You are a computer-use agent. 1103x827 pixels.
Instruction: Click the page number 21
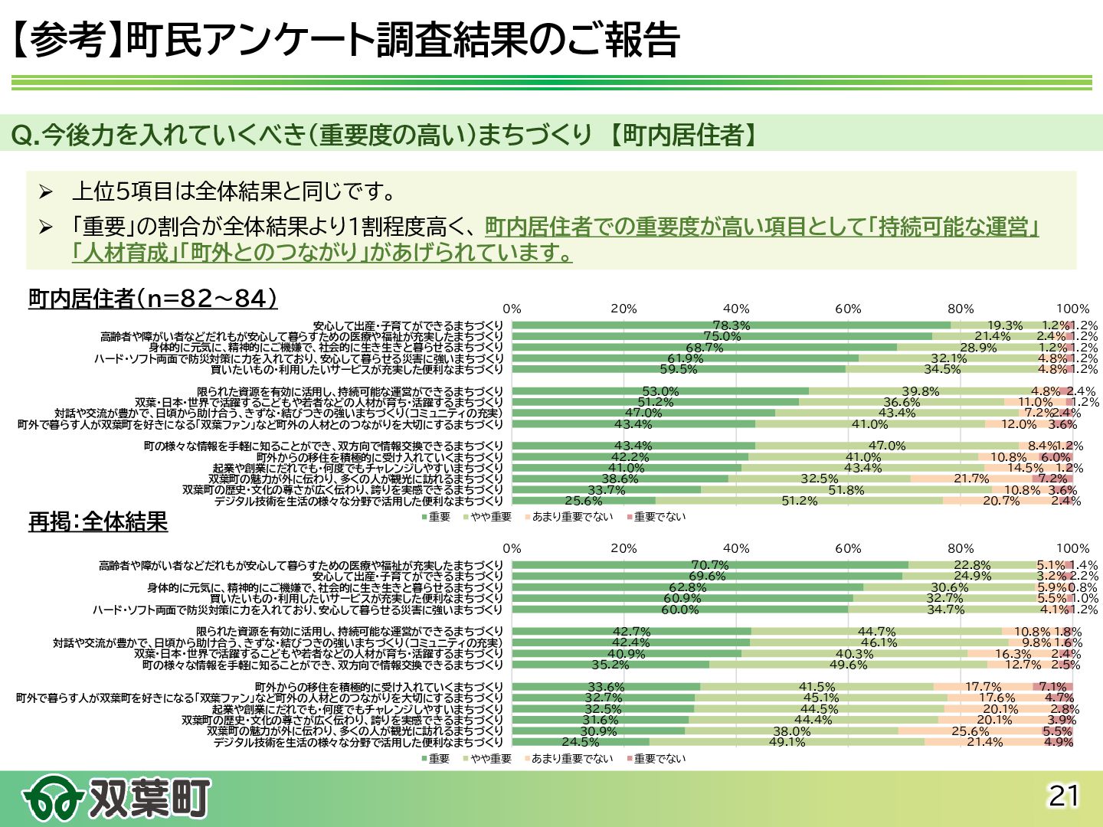tap(1063, 796)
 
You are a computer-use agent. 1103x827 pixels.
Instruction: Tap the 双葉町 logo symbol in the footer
tap(52, 799)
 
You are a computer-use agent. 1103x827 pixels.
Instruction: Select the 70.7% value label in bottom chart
tap(710, 566)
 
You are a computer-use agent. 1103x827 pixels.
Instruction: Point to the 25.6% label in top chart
tap(584, 502)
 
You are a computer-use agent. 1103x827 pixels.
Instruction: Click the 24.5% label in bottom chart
tap(581, 742)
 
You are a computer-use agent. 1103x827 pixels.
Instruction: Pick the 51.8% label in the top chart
tap(846, 490)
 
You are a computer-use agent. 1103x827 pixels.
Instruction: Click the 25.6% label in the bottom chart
tap(970, 731)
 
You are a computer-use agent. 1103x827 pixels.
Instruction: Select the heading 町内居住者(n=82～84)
tap(152, 298)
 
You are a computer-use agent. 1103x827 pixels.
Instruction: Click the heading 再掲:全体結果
tap(98, 521)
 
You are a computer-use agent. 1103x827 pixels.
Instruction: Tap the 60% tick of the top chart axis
tap(848, 309)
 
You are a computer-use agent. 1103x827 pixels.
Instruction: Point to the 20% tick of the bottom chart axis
tap(624, 548)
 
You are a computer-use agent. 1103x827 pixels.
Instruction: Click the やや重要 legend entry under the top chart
tap(491, 518)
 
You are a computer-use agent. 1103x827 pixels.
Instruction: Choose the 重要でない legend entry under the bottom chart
tap(660, 759)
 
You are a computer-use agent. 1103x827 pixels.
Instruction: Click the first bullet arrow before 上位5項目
tap(46, 191)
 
